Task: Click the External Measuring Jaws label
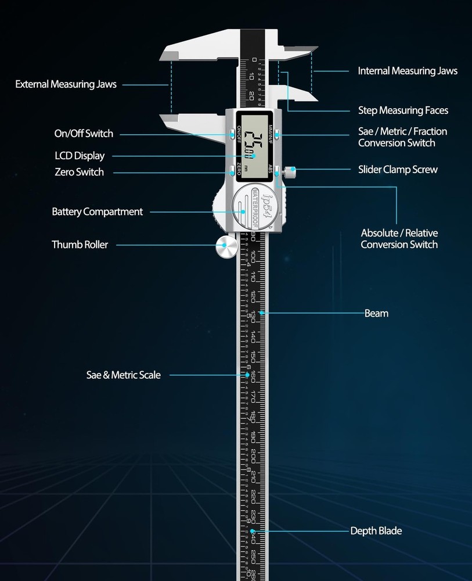click(66, 84)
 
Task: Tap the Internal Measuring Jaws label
click(408, 71)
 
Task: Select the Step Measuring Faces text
click(403, 110)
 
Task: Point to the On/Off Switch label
click(84, 134)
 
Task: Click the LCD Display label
click(80, 156)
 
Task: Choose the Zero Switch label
click(79, 172)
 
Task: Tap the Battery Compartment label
click(97, 211)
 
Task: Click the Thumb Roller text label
click(80, 245)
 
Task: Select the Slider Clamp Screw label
click(398, 170)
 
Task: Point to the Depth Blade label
click(376, 530)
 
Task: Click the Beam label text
click(376, 313)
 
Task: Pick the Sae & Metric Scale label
click(123, 375)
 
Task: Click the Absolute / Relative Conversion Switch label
click(399, 238)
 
